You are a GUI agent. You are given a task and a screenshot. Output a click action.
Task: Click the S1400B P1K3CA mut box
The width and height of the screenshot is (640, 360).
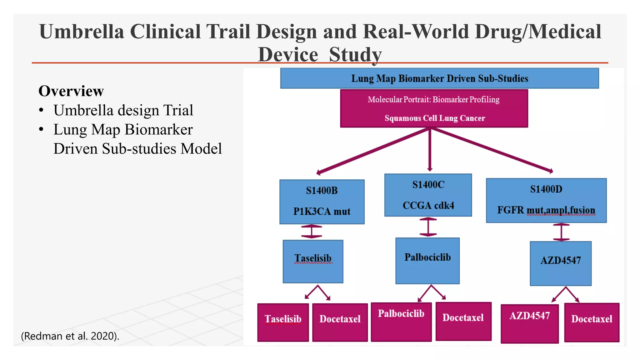click(x=322, y=202)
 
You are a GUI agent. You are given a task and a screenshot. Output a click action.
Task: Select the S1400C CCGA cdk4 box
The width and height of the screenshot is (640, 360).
click(x=428, y=195)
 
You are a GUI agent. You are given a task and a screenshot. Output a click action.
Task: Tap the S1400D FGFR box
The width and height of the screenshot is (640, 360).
click(x=546, y=200)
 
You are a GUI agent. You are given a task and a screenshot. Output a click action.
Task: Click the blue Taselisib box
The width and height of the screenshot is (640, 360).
click(x=313, y=261)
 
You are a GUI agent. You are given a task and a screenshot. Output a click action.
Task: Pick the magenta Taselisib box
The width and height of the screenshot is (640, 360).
click(x=283, y=322)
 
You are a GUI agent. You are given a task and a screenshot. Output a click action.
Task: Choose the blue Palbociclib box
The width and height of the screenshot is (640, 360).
click(x=427, y=261)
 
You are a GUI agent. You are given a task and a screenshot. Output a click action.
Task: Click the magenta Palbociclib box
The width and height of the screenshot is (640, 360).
click(x=401, y=322)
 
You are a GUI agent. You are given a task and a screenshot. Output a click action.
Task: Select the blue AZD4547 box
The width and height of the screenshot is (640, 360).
click(x=560, y=263)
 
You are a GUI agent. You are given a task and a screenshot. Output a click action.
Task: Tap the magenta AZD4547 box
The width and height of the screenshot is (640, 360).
click(x=529, y=323)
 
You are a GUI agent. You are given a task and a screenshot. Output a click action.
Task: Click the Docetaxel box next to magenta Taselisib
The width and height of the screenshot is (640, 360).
click(x=340, y=322)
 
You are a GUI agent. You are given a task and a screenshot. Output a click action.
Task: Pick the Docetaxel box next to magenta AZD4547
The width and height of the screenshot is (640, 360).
click(x=591, y=322)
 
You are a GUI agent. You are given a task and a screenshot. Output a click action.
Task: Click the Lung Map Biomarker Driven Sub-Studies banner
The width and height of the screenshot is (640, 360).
click(x=439, y=78)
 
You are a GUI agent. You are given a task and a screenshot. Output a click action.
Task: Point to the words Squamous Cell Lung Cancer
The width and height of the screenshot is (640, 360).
click(x=435, y=118)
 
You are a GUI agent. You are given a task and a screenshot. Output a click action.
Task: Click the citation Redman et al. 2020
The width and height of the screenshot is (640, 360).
click(x=70, y=336)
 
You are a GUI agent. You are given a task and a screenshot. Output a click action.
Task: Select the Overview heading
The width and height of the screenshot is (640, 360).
click(x=71, y=91)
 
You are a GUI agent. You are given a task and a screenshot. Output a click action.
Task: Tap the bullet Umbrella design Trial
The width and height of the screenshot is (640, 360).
click(x=123, y=110)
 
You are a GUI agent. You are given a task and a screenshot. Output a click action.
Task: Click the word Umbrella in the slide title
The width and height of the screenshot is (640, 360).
click(x=82, y=32)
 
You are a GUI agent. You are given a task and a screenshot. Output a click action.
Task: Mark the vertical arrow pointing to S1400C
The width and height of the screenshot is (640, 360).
click(x=430, y=150)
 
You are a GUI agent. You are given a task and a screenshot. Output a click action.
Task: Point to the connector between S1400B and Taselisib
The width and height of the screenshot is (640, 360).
click(x=311, y=232)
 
